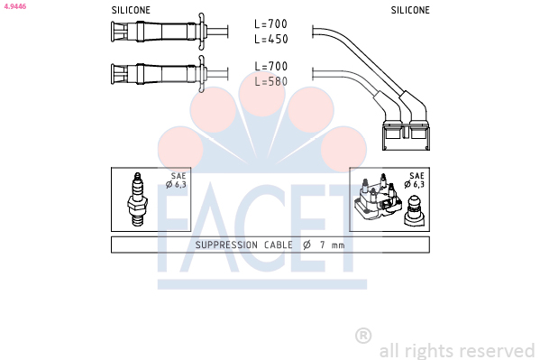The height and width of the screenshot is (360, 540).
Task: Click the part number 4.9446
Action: (14, 6)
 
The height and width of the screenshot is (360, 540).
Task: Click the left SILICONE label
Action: (131, 10)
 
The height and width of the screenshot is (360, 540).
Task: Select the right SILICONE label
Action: (410, 10)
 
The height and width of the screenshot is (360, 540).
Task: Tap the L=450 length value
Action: (270, 39)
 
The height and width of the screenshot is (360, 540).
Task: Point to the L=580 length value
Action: (270, 81)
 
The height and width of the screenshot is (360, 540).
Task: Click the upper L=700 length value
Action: (270, 23)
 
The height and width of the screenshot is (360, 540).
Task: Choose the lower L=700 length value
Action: (270, 66)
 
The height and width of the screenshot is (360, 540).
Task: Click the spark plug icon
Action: (137, 199)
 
